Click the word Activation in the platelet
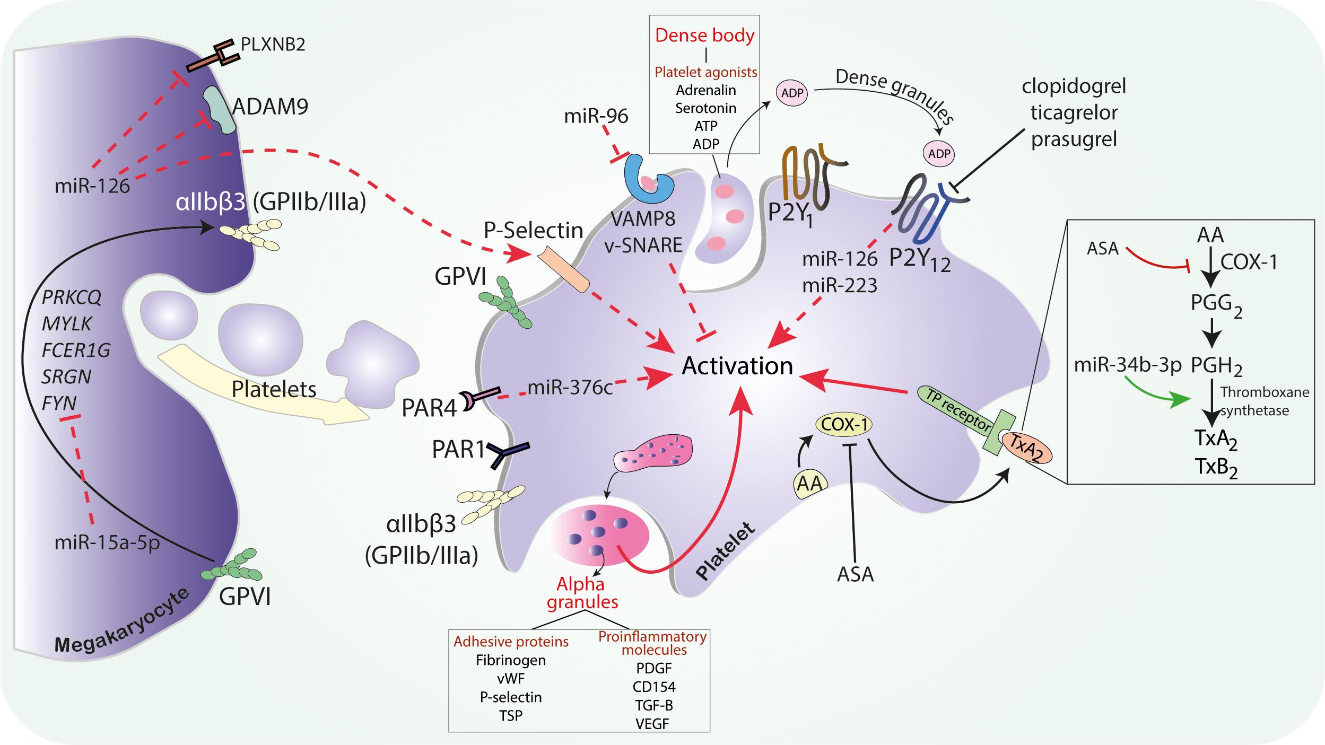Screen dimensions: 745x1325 pyautogui.click(x=737, y=366)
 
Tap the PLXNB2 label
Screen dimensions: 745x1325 pyautogui.click(x=273, y=43)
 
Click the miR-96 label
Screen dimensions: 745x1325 pyautogui.click(x=596, y=116)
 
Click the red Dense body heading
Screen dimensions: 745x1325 pyautogui.click(x=705, y=35)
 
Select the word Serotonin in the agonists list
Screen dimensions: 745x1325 pyautogui.click(x=705, y=108)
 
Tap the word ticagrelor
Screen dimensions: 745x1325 pyautogui.click(x=1074, y=112)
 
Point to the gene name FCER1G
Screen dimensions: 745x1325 pyautogui.click(x=76, y=350)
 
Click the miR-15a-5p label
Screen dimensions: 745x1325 pyautogui.click(x=107, y=543)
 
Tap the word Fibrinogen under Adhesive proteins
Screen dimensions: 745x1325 pyautogui.click(x=510, y=660)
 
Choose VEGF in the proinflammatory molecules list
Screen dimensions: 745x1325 pyautogui.click(x=652, y=723)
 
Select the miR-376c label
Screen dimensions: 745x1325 pyautogui.click(x=570, y=388)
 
